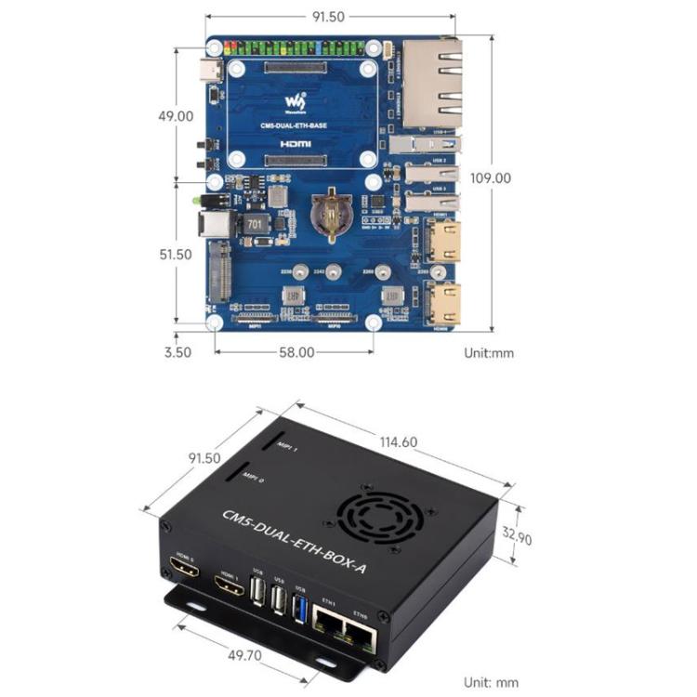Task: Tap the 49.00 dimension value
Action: coord(175,116)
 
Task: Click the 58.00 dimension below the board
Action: coord(296,353)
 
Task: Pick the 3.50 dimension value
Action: coord(176,352)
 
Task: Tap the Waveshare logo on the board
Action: coord(296,99)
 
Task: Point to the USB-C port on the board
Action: coord(213,71)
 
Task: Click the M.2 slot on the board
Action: coord(221,270)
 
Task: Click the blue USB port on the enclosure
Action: coord(298,606)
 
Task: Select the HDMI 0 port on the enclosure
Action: coord(183,568)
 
